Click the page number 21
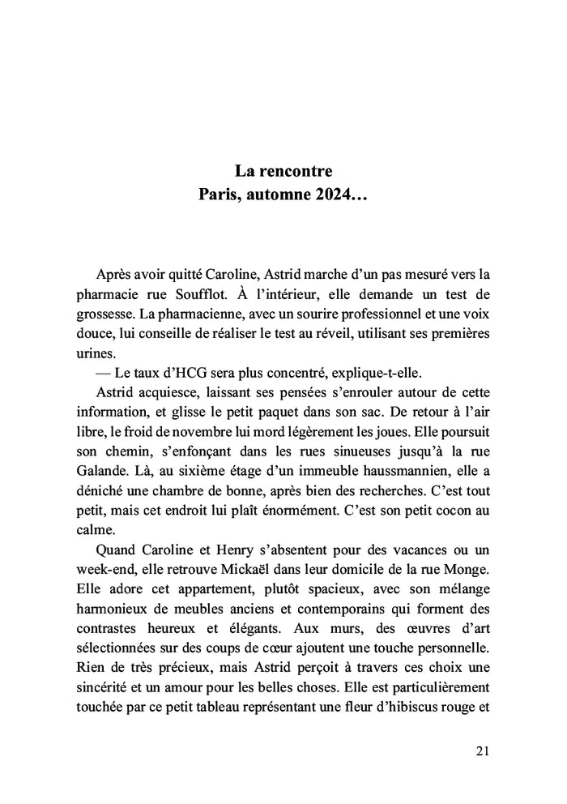point(483,751)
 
